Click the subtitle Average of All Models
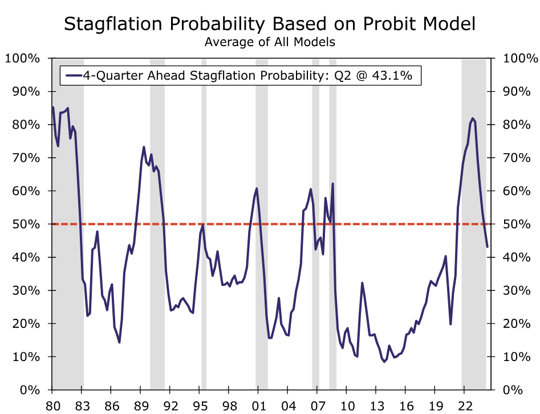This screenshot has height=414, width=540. (x=270, y=42)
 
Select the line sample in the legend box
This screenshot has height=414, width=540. (x=74, y=75)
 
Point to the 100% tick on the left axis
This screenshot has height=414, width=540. (x=23, y=59)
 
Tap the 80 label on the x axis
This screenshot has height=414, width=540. (x=52, y=406)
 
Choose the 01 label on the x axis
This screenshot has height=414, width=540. (x=258, y=406)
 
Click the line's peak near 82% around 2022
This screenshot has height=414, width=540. (x=473, y=118)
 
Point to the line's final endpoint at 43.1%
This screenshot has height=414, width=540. (x=488, y=247)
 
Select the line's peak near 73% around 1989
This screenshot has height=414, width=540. (x=144, y=147)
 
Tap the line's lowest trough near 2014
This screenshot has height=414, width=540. (x=384, y=362)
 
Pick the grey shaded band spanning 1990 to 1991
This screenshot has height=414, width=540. (x=157, y=285)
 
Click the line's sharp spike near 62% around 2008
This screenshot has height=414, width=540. (x=332, y=184)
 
